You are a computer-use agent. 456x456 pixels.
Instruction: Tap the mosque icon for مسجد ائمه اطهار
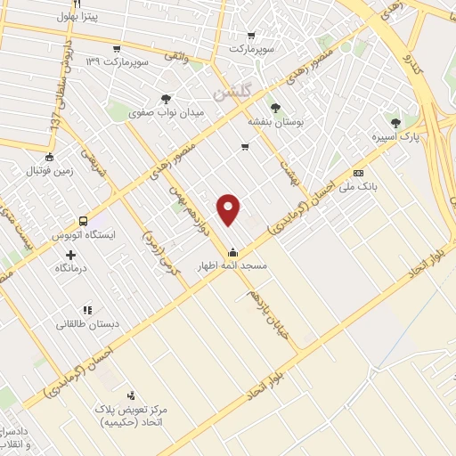click(x=232, y=251)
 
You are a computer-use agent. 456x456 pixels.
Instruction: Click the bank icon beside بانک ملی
click(x=359, y=173)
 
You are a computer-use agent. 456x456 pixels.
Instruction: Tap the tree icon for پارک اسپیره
click(x=395, y=123)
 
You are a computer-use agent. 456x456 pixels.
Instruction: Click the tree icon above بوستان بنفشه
click(x=277, y=107)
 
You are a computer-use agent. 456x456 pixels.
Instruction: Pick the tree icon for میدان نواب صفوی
click(x=167, y=100)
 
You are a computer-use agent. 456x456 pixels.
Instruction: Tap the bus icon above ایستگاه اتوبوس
click(x=83, y=220)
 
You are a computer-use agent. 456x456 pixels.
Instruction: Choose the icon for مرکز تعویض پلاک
click(x=132, y=395)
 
